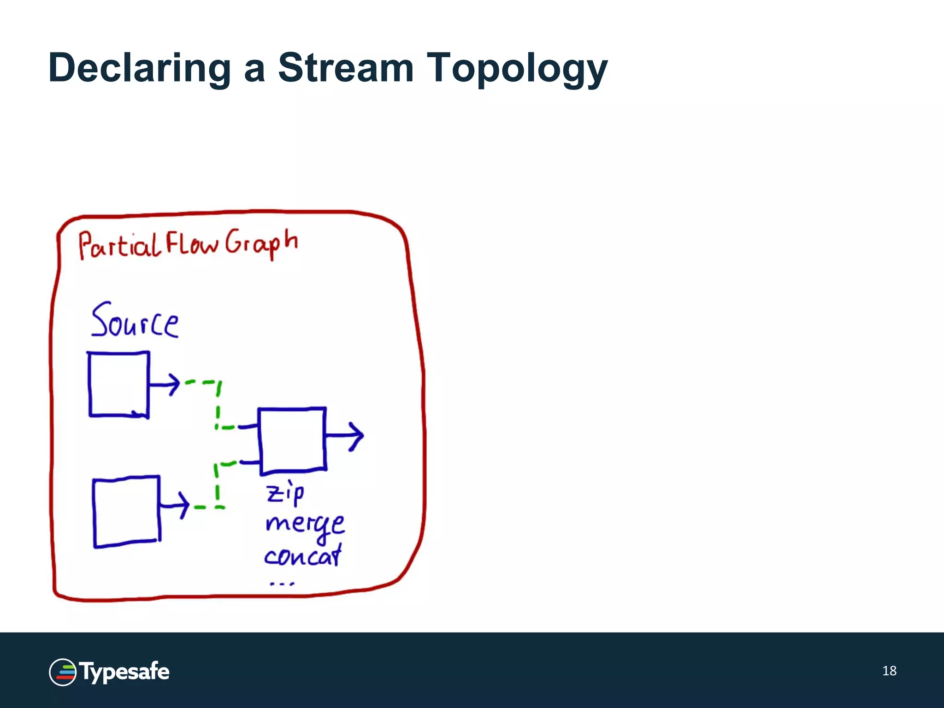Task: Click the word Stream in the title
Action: (346, 68)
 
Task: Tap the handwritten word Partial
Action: (119, 245)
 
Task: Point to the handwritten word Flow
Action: (191, 243)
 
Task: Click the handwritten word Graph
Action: (261, 243)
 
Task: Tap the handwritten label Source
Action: (134, 321)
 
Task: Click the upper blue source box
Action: (118, 384)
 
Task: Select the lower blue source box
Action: (126, 512)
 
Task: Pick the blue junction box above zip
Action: (292, 441)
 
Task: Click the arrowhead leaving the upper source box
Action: (173, 383)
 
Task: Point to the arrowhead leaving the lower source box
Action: (183, 505)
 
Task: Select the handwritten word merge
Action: (305, 525)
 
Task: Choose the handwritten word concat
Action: (303, 555)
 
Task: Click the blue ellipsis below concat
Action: (282, 584)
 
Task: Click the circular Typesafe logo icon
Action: (63, 672)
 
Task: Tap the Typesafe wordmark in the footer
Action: (124, 672)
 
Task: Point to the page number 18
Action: (889, 671)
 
